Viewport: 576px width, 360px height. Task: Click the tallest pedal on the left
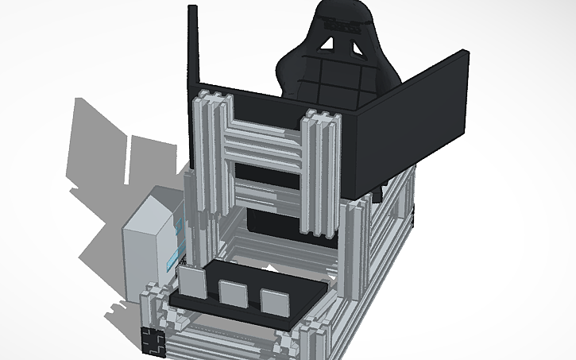tap(191, 283)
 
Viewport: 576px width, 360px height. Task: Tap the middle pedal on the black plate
tap(232, 293)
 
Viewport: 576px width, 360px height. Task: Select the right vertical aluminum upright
tap(321, 175)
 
